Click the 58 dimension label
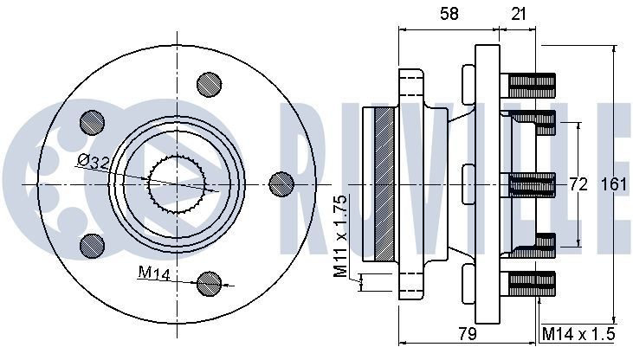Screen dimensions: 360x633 tap(448, 13)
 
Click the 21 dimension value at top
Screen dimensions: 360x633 tap(518, 13)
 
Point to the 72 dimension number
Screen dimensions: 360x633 tap(578, 183)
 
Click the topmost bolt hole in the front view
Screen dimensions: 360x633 tap(208, 83)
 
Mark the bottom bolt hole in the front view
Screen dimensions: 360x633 tap(208, 282)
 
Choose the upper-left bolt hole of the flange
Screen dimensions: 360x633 tap(90, 121)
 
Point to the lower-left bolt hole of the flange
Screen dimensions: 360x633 tap(90, 245)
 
